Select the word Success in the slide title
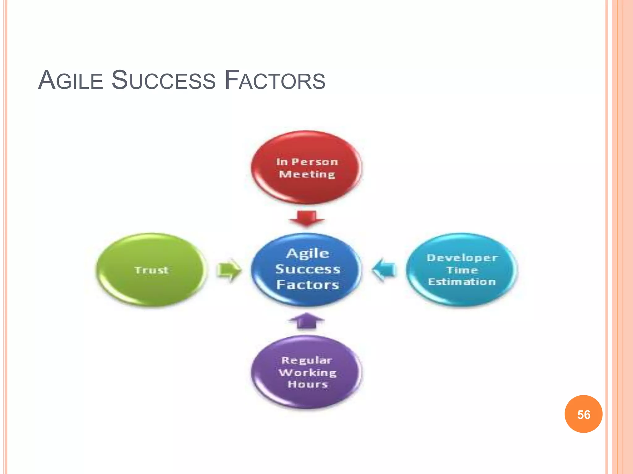coord(163,80)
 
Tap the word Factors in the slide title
coord(275,80)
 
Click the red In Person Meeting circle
coord(306,168)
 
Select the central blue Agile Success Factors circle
coord(307,269)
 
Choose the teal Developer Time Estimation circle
coord(462,270)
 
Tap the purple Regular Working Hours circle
coord(307,372)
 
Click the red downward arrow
coord(306,218)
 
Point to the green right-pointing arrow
coord(228,270)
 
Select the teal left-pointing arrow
coord(384,270)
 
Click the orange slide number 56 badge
coord(584,414)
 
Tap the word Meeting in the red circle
coord(307,174)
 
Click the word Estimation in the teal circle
coord(462,282)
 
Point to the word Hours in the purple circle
coord(308,384)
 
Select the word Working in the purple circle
coord(308,372)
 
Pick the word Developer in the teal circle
coord(462,258)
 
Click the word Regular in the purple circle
coord(307,360)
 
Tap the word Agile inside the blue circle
coord(308,254)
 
